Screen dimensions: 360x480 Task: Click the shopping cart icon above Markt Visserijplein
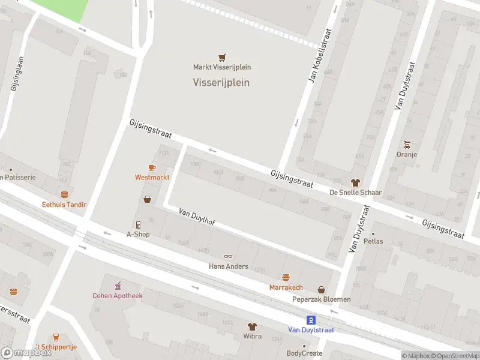pos(222,58)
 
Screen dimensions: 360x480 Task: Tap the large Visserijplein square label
pos(221,83)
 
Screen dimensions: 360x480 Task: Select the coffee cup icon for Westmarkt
pos(152,168)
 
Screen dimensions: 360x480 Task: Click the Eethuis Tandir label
pos(64,205)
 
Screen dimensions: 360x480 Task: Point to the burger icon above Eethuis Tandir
pos(64,194)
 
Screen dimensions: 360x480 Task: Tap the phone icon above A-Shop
pos(138,224)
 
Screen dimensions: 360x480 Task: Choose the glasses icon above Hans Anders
pos(228,257)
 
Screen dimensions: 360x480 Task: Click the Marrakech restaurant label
pos(286,287)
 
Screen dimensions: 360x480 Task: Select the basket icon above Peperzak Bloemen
pos(321,289)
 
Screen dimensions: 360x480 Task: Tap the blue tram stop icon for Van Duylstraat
pos(311,319)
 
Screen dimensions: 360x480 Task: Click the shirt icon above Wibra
pos(252,326)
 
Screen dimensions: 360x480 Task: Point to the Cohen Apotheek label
pos(118,295)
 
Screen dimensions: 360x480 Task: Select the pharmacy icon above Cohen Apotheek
pos(118,284)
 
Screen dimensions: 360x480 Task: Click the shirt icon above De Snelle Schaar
pos(355,182)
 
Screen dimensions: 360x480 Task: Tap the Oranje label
pos(407,154)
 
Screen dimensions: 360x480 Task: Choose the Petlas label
pos(373,241)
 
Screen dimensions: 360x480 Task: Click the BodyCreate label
pos(304,353)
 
